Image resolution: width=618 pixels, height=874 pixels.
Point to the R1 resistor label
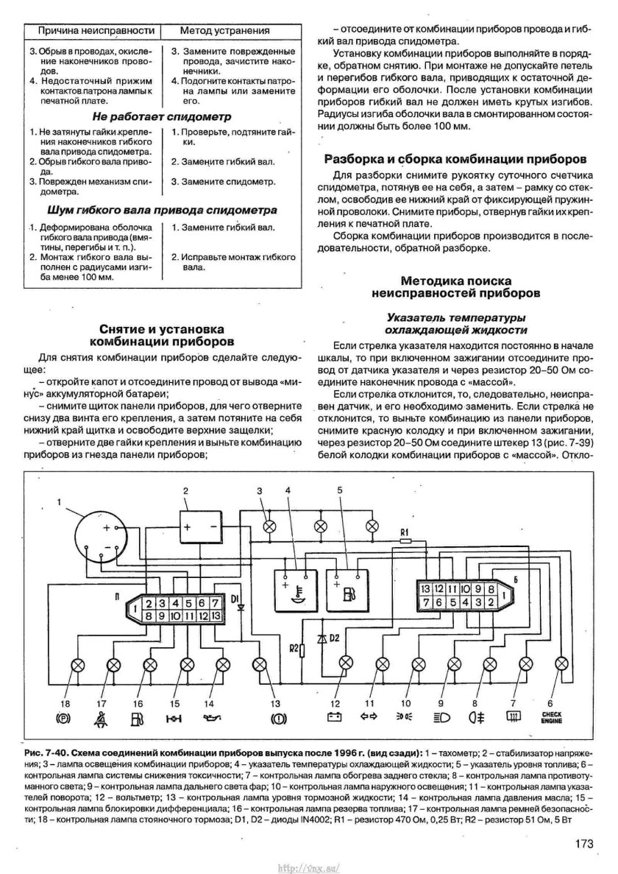click(404, 531)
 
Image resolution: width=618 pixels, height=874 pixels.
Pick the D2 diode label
click(333, 635)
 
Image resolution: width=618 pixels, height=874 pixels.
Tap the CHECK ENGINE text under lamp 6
click(552, 716)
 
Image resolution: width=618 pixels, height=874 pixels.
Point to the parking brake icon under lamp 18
click(63, 716)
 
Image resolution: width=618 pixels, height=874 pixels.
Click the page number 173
click(585, 844)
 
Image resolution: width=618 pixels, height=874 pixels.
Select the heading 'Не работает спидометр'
click(162, 116)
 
